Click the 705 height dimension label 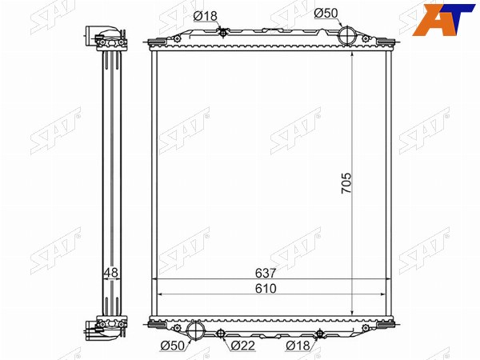pyautogui.click(x=347, y=183)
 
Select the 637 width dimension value pyautogui.click(x=266, y=273)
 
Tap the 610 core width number pyautogui.click(x=266, y=288)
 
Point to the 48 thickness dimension pyautogui.click(x=111, y=273)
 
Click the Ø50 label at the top pyautogui.click(x=326, y=13)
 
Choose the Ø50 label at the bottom pyautogui.click(x=173, y=346)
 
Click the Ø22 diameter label pyautogui.click(x=243, y=346)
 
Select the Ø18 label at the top pyautogui.click(x=205, y=16)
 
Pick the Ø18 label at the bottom pyautogui.click(x=298, y=346)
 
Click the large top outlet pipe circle pyautogui.click(x=347, y=36)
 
